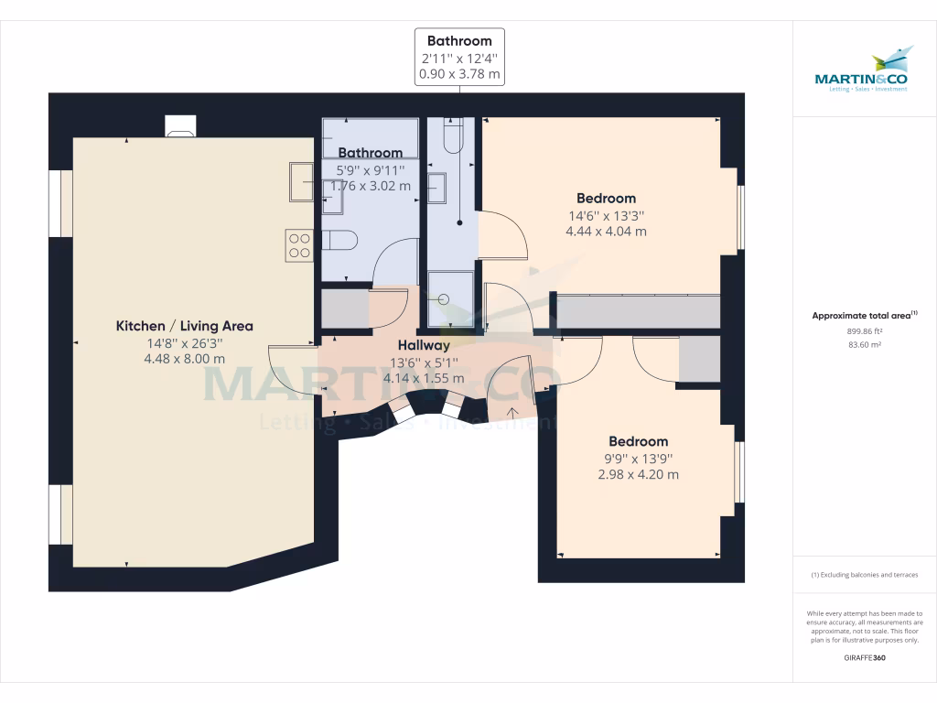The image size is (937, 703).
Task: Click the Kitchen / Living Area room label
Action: tap(184, 326)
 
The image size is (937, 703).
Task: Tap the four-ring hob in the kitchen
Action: tap(299, 244)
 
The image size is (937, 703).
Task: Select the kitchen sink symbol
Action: tap(301, 180)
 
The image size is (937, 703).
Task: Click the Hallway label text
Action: tap(423, 345)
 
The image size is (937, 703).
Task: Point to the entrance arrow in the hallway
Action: tap(512, 411)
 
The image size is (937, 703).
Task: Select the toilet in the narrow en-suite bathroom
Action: tap(451, 137)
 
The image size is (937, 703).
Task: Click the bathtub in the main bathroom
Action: tap(370, 137)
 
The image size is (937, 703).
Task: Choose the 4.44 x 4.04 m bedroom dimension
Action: tap(606, 232)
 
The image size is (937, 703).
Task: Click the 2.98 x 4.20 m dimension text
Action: tap(638, 474)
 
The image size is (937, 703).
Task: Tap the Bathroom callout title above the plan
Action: tap(459, 40)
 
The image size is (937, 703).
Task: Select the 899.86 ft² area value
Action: tap(864, 331)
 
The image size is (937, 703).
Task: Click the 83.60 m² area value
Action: tap(864, 345)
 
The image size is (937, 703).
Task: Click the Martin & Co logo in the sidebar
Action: tap(864, 70)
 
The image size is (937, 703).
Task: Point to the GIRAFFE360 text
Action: tap(864, 657)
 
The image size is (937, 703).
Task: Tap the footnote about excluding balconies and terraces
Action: tap(864, 575)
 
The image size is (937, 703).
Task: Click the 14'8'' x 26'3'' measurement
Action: tap(184, 342)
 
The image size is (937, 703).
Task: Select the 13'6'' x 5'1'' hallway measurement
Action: tap(423, 362)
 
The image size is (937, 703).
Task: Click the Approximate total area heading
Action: tap(864, 315)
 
